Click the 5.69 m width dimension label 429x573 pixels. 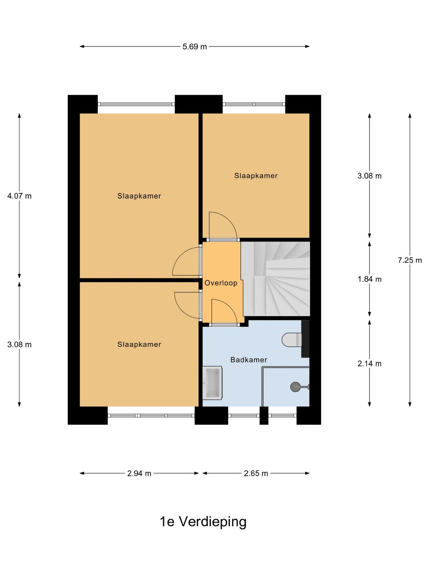195,47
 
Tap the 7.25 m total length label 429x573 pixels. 410,260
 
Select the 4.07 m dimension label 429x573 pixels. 19,196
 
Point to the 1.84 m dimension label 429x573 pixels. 369,279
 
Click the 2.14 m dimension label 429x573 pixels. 369,364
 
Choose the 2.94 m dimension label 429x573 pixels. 139,473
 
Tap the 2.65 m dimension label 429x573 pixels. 256,473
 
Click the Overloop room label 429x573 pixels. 221,283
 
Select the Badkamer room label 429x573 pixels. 249,360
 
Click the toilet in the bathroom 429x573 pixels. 292,340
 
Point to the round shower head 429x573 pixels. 295,387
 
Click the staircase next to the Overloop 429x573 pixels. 276,279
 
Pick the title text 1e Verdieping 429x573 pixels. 203,522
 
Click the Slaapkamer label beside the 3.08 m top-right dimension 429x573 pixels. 256,176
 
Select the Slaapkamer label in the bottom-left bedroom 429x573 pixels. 139,345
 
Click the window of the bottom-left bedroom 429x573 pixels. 151,415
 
